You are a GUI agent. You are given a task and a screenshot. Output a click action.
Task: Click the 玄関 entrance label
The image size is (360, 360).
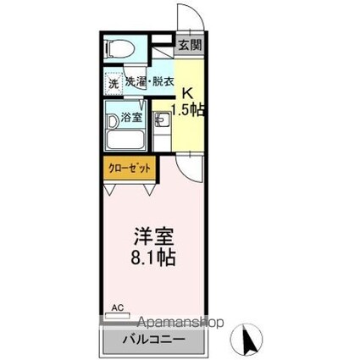pyautogui.click(x=191, y=44)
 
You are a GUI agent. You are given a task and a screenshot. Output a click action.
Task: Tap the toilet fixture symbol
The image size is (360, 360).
pyautogui.click(x=119, y=48)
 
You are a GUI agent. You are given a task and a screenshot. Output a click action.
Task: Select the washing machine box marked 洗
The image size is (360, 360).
pyautogui.click(x=114, y=83)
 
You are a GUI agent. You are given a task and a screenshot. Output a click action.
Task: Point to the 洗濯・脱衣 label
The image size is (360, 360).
pyautogui.click(x=149, y=82)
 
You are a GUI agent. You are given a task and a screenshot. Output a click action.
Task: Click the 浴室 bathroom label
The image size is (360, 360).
pyautogui.click(x=131, y=117)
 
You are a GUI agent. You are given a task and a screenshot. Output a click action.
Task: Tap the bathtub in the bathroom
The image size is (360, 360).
pyautogui.click(x=126, y=140)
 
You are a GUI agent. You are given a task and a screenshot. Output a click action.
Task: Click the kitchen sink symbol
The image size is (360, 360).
pyautogui.click(x=161, y=119)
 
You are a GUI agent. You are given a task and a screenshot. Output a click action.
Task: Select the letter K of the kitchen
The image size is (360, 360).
pyautogui.click(x=188, y=93)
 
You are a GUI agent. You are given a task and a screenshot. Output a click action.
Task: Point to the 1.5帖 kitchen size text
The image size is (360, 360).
pyautogui.click(x=188, y=109)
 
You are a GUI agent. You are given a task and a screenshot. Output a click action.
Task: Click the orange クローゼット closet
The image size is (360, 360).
pyautogui.click(x=130, y=168)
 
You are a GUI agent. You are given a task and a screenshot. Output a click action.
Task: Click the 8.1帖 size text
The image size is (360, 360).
pyautogui.click(x=153, y=258)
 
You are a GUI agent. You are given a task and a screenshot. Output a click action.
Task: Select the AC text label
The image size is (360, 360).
pyautogui.click(x=118, y=307)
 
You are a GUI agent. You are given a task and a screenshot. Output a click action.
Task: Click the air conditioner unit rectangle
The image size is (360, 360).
pyautogui.click(x=118, y=316)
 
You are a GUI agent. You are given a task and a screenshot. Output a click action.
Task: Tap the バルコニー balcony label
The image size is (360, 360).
pyautogui.click(x=154, y=339)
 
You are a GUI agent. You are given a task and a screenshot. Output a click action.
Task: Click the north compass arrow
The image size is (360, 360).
pyautogui.click(x=248, y=340)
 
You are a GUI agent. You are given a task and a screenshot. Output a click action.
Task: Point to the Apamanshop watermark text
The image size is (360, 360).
pyautogui.click(x=180, y=322)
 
